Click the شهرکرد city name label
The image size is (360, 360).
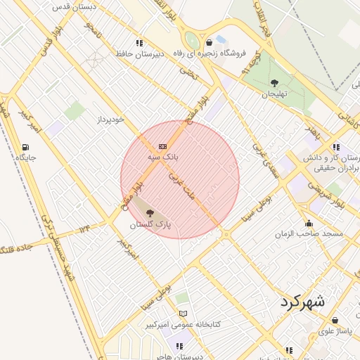coord(302,302)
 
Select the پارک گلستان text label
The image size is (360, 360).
coord(151,224)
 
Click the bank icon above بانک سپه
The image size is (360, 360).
coord(162,146)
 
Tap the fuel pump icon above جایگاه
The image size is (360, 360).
coord(26,147)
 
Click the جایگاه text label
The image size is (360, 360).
coord(26,158)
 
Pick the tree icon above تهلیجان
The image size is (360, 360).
coord(274,82)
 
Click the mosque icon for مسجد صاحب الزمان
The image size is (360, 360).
coord(309,224)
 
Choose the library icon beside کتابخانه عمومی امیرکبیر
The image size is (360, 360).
coord(184,314)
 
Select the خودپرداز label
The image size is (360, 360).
coord(110,120)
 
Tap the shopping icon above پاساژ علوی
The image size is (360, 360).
coord(335,320)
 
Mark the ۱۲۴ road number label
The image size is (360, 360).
coord(85,229)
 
